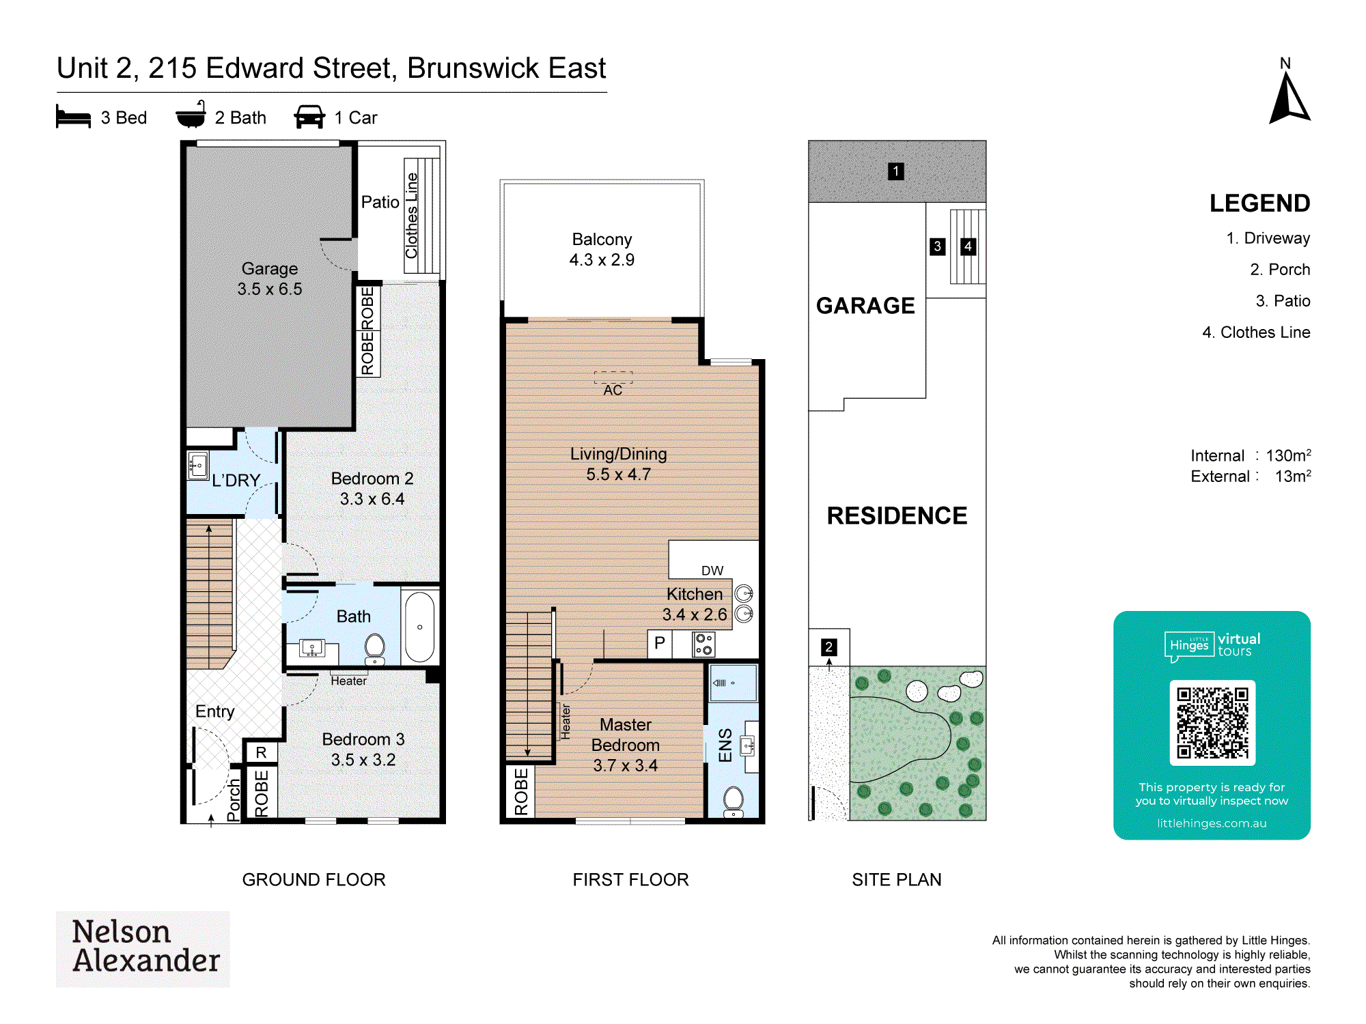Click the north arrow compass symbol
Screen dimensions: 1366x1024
point(1289,99)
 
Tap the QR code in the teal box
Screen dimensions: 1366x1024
point(1212,722)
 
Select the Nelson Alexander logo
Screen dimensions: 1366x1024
point(143,949)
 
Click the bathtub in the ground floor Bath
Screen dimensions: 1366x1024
point(419,627)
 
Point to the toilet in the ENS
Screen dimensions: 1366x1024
point(733,801)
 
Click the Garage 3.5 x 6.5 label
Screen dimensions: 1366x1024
point(270,279)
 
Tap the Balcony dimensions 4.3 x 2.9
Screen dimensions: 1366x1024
point(602,260)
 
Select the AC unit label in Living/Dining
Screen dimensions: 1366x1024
point(613,390)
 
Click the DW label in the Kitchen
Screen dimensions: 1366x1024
point(712,571)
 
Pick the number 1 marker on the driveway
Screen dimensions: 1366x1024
point(895,171)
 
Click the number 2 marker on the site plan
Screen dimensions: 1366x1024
point(828,646)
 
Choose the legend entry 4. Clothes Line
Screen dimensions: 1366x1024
point(1256,332)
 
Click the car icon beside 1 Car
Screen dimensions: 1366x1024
point(309,117)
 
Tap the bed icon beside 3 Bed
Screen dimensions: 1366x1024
point(73,117)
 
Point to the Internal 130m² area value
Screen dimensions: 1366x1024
point(1288,455)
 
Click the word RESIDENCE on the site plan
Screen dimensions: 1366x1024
point(897,515)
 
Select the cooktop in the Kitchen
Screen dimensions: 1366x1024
point(703,644)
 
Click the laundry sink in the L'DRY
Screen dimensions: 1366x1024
point(197,466)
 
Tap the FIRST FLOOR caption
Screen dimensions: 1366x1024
point(630,879)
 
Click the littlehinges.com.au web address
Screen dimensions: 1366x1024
point(1212,823)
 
